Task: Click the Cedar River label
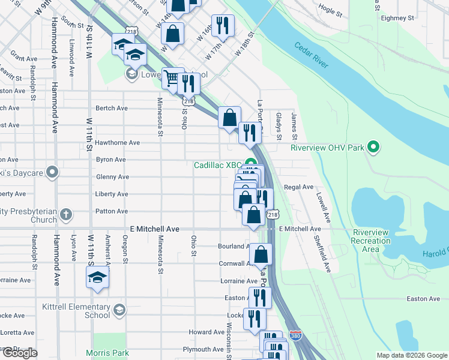(x=311, y=55)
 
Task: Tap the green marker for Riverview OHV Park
(x=373, y=147)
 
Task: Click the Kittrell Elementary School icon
(x=119, y=310)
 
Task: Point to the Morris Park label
(x=107, y=353)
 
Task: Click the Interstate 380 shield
(x=295, y=335)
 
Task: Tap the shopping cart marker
(x=173, y=79)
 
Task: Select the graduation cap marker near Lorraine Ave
(x=97, y=278)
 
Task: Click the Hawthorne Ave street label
(x=118, y=143)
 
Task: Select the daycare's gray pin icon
(x=52, y=173)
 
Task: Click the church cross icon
(x=66, y=214)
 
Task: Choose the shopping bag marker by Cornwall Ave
(x=261, y=254)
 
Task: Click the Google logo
(x=20, y=353)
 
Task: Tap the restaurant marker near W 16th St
(x=223, y=25)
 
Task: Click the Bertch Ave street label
(x=112, y=109)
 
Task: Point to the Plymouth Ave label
(x=203, y=349)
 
